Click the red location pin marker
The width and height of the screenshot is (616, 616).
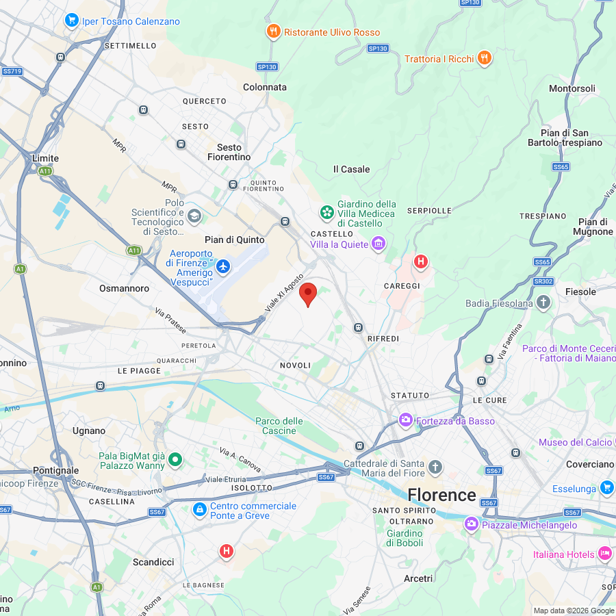309,294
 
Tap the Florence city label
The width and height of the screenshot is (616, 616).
441,495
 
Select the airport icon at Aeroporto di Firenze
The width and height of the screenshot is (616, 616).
223,265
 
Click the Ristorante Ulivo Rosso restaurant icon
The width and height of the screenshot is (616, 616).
273,31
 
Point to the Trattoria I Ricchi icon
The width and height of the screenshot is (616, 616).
485,58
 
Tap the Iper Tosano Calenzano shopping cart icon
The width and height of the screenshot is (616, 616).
71,21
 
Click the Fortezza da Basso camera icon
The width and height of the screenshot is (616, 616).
406,420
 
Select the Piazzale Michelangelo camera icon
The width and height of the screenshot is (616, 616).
471,524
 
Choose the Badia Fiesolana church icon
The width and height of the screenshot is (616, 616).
543,303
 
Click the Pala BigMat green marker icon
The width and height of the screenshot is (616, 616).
175,459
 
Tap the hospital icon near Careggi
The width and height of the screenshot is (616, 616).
421,261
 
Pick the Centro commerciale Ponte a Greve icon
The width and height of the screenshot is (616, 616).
199,509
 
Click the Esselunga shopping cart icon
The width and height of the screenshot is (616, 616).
606,487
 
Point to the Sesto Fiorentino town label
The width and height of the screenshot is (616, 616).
229,152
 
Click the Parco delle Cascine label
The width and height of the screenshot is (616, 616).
279,426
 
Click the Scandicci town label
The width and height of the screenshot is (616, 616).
153,562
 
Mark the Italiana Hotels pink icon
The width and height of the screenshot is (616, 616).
604,553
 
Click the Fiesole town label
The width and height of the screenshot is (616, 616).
580,292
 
